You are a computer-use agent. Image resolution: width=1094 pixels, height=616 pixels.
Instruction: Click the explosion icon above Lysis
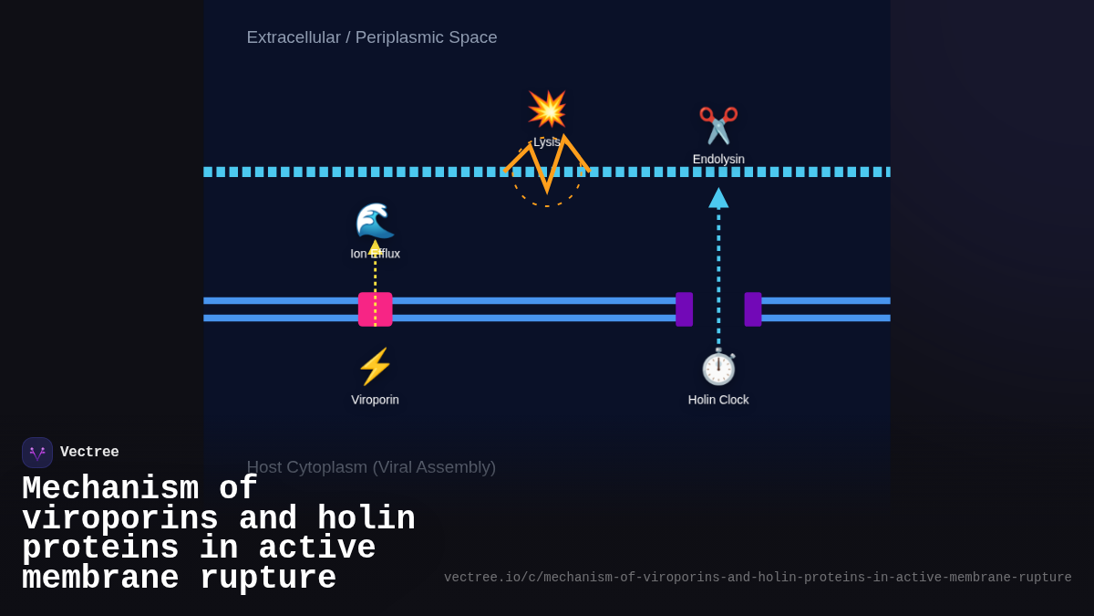click(x=547, y=110)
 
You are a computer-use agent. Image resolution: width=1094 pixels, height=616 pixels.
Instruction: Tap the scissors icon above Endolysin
click(x=718, y=126)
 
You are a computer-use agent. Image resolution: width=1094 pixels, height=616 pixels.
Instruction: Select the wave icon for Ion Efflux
click(x=375, y=221)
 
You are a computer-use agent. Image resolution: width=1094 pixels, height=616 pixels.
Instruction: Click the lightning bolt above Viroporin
click(x=375, y=367)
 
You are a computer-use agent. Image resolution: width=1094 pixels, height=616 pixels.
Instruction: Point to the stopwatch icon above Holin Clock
click(x=718, y=368)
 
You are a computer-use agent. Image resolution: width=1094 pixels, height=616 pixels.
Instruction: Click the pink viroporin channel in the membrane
click(x=375, y=309)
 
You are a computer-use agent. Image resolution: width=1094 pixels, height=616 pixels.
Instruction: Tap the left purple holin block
click(x=684, y=309)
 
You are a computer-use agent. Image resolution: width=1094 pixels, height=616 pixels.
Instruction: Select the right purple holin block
click(x=753, y=309)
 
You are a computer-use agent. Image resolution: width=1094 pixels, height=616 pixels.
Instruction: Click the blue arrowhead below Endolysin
click(x=718, y=198)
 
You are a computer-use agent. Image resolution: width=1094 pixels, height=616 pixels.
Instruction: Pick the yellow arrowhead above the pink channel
click(x=375, y=246)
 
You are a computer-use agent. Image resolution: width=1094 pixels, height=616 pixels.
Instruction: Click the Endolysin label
click(x=718, y=159)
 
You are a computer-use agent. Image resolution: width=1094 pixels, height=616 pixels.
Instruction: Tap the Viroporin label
click(x=375, y=400)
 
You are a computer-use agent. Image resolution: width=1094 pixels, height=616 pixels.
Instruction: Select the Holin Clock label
click(x=718, y=400)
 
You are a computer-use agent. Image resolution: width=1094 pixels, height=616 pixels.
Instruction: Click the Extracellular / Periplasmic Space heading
click(x=372, y=37)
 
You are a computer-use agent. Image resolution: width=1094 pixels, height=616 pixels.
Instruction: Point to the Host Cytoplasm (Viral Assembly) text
click(x=371, y=467)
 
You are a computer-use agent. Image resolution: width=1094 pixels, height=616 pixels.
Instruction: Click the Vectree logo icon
click(x=37, y=453)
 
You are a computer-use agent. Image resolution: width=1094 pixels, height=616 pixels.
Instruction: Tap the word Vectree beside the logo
click(x=89, y=453)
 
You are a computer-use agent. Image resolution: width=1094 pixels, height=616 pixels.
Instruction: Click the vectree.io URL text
click(x=758, y=578)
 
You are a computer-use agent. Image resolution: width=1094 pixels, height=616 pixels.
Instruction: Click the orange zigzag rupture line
click(x=547, y=164)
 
